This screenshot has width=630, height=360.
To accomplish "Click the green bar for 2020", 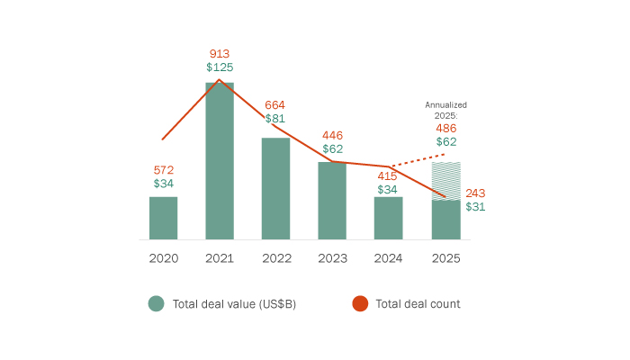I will (x=163, y=218).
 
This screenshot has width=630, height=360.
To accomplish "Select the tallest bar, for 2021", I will (x=220, y=161).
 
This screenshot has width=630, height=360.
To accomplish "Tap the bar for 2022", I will (x=275, y=189).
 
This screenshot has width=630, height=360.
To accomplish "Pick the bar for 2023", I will (x=332, y=201).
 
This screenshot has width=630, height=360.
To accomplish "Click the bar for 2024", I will (x=388, y=218).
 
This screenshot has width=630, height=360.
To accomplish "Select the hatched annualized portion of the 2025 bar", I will (x=445, y=180).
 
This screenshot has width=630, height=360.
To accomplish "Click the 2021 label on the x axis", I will (x=220, y=257).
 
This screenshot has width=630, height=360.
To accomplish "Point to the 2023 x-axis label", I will (x=332, y=257).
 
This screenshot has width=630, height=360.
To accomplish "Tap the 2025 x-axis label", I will (x=445, y=257).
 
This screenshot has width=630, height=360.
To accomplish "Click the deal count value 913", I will (x=220, y=53).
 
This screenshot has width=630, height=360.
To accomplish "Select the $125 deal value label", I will (x=220, y=67).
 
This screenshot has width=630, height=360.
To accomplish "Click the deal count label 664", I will (x=275, y=105).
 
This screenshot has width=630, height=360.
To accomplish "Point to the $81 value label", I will (x=275, y=119).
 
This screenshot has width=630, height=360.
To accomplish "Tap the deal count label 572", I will (x=163, y=169).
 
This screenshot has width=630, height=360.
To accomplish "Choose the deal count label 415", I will (x=388, y=175).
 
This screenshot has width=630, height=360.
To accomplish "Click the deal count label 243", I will (x=476, y=193).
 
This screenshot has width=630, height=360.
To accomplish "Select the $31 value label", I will (x=476, y=206).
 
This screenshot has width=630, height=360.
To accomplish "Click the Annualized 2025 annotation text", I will (x=445, y=110).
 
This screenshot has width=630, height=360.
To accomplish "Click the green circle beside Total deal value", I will (x=156, y=304).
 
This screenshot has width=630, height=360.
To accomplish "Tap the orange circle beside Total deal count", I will (x=359, y=304).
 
